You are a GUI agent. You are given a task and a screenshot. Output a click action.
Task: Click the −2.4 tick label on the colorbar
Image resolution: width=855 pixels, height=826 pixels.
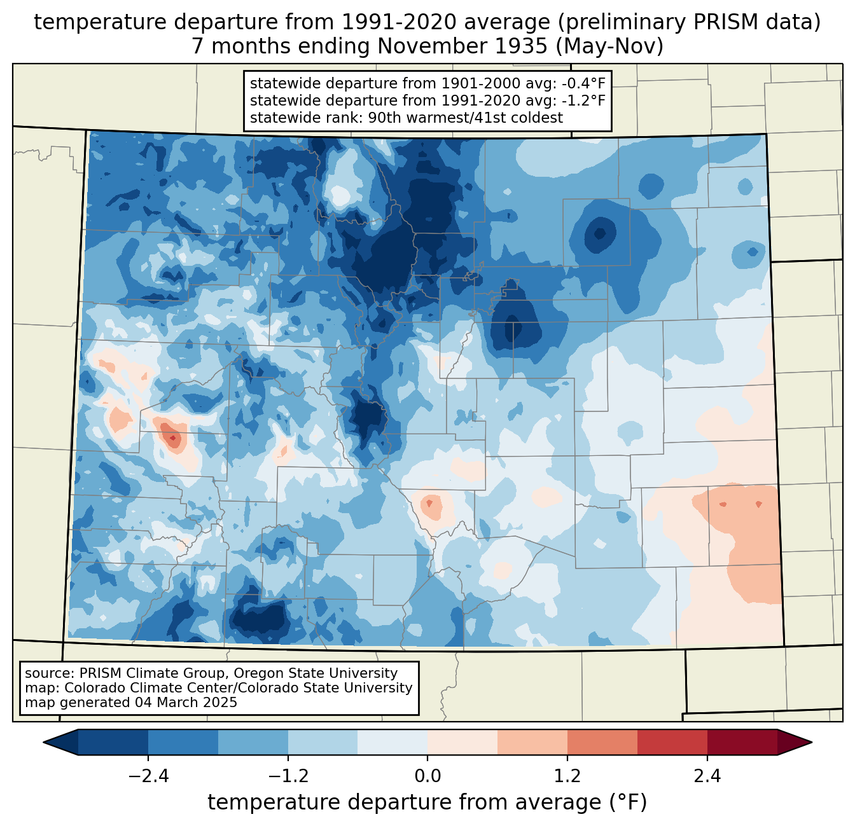tap(148, 776)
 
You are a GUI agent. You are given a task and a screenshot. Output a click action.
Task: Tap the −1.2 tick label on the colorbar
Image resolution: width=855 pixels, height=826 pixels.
tap(288, 776)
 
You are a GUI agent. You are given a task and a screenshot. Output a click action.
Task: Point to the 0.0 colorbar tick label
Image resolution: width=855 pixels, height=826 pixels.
tap(427, 776)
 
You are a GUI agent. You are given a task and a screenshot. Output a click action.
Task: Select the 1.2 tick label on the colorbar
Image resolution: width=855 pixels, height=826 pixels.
tap(567, 776)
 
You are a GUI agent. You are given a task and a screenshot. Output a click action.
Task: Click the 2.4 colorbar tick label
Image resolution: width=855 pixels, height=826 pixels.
tap(707, 776)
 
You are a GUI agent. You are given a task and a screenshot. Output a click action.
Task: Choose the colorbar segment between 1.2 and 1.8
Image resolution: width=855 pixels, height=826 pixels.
tap(602, 742)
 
